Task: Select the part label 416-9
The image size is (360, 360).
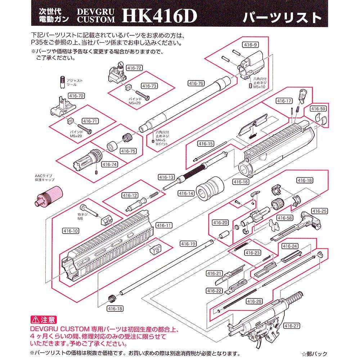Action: coord(251,45)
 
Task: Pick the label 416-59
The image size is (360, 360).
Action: coord(318,109)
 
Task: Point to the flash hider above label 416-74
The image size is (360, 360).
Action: coord(89,157)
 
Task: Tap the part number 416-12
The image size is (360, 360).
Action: coord(130,195)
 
